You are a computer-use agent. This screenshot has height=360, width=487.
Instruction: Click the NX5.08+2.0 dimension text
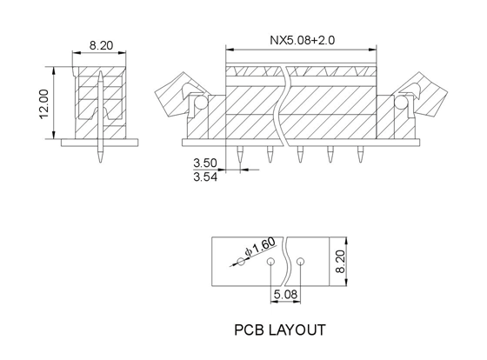302,40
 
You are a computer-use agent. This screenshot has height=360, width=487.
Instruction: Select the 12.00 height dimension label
44,103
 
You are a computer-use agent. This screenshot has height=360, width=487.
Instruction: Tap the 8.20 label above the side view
101,46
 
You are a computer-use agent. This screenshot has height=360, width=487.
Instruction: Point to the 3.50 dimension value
205,163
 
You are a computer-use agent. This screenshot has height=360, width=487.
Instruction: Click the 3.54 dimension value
205,177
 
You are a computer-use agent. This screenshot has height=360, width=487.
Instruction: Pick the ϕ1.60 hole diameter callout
260,247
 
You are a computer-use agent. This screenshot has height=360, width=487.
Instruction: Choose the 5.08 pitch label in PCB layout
285,294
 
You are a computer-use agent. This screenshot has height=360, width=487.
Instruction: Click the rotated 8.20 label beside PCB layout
340,262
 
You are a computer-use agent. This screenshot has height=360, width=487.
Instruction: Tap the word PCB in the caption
248,330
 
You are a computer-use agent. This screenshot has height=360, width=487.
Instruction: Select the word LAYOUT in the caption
297,330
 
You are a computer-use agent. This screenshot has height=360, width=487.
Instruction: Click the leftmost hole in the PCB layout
242,261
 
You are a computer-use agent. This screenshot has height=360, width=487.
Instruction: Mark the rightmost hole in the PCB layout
300,261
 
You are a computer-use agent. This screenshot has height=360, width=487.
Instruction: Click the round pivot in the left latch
200,103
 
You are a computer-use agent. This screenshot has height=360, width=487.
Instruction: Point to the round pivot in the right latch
401,103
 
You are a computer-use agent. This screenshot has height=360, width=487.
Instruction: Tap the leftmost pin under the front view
240,155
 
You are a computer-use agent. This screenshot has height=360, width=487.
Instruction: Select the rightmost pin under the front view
360,155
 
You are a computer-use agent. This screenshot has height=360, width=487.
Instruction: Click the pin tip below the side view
100,162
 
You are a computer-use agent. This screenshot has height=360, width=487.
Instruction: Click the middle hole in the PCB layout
270,261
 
